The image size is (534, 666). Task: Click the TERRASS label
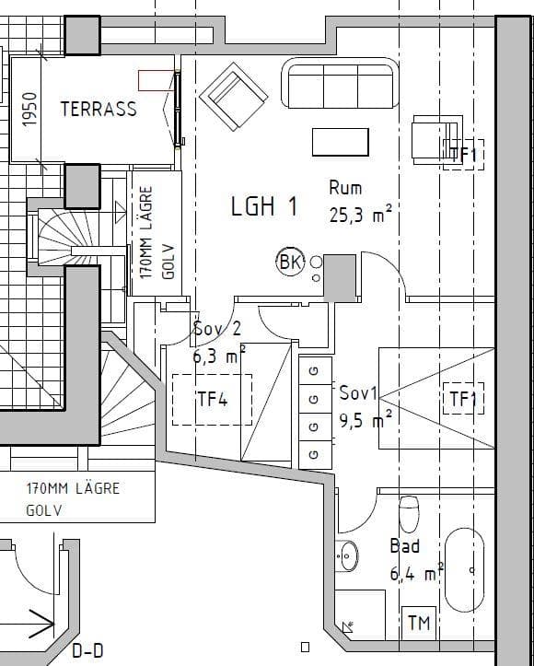click(x=99, y=109)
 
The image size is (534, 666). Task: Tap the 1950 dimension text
click(x=29, y=110)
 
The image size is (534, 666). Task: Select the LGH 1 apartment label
click(x=263, y=206)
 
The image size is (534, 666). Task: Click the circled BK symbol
click(x=290, y=262)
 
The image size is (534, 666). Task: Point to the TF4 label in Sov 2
click(x=213, y=399)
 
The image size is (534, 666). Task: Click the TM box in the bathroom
click(x=419, y=623)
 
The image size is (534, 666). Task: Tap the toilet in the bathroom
click(x=409, y=514)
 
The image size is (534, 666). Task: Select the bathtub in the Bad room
click(x=464, y=570)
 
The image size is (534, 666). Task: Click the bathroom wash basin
click(x=347, y=555)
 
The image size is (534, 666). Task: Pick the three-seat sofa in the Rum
click(x=340, y=84)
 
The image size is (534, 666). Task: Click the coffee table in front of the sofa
click(x=341, y=142)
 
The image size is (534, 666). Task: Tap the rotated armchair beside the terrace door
click(x=234, y=97)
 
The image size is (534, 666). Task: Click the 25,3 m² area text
click(x=360, y=215)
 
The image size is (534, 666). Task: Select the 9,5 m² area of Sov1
click(x=366, y=420)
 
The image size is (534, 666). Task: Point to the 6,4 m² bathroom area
click(x=416, y=573)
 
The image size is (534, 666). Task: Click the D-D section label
click(x=87, y=650)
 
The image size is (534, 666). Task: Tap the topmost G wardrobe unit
click(x=316, y=370)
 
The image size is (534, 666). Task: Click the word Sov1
click(x=358, y=393)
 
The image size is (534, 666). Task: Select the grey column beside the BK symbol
click(x=340, y=278)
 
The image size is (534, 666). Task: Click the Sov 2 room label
click(x=217, y=328)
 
